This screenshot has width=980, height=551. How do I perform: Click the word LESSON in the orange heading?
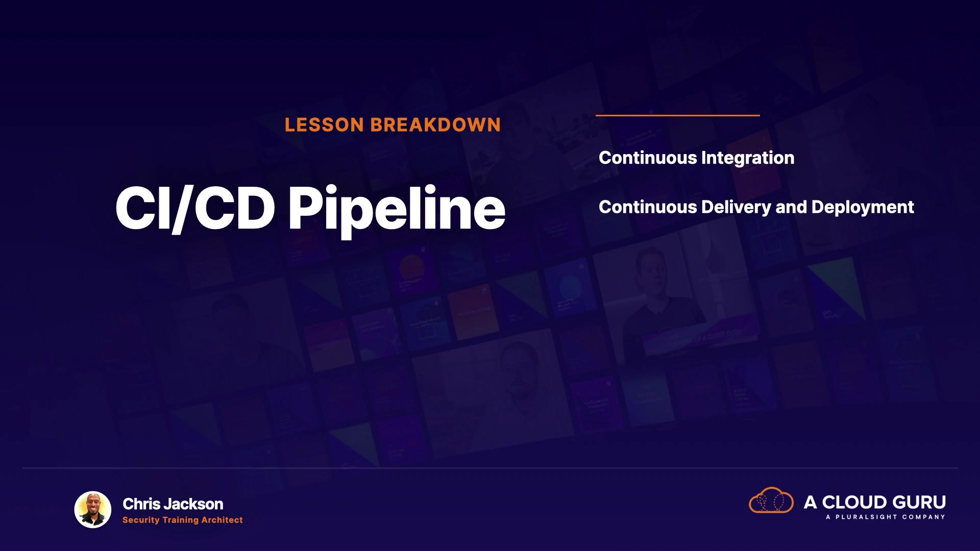click(324, 125)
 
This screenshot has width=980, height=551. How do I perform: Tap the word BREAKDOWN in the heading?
click(435, 125)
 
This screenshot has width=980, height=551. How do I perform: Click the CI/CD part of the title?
click(195, 208)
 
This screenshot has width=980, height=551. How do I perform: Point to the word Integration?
click(748, 158)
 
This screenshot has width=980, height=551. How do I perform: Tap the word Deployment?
click(863, 208)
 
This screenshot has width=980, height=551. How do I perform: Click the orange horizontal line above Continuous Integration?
click(678, 115)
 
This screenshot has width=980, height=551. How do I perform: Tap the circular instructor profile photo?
click(93, 509)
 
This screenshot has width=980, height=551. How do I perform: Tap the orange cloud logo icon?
click(771, 500)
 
